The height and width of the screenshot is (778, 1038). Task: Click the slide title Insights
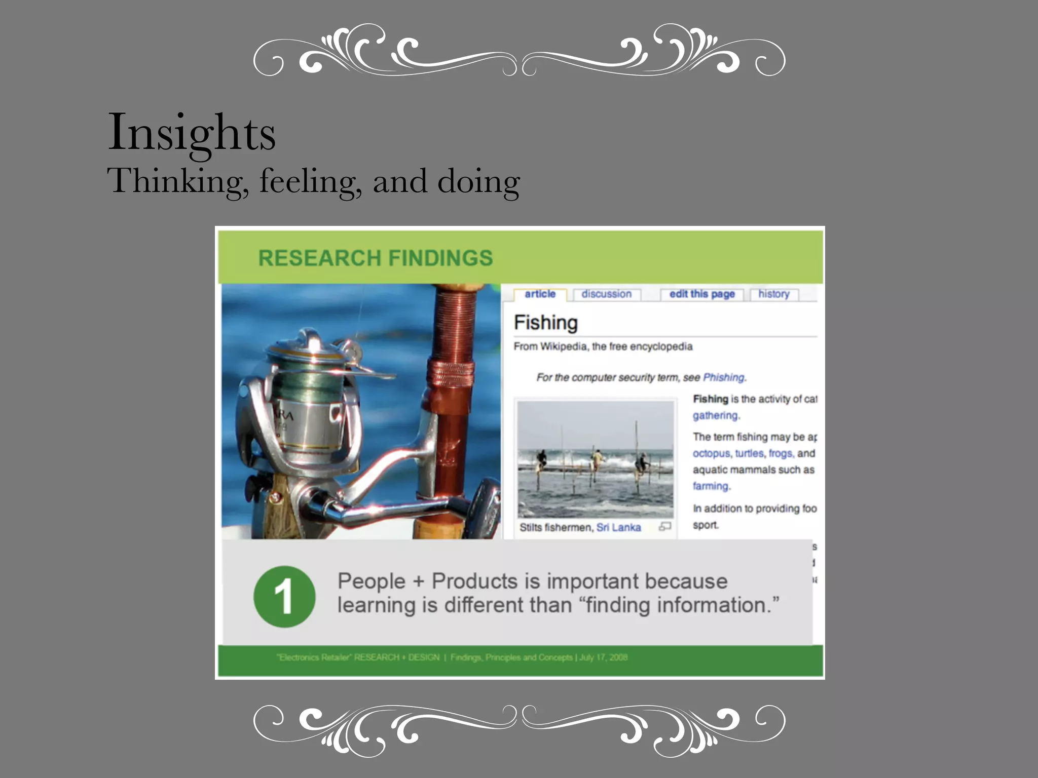(192, 133)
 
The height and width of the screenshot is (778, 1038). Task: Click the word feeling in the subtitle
(310, 181)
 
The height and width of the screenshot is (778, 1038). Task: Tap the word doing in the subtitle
(478, 181)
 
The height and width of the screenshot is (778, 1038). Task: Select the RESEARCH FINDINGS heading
(375, 258)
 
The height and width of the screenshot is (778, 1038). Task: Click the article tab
(540, 294)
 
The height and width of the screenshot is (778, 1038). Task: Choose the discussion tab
(606, 294)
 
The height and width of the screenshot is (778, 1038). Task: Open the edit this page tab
(701, 294)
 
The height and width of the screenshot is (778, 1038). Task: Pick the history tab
(773, 294)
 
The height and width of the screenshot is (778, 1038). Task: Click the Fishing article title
(545, 323)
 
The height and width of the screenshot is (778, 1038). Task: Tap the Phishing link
(724, 377)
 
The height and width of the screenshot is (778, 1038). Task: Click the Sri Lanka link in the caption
(618, 527)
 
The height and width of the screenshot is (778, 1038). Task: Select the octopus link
(711, 453)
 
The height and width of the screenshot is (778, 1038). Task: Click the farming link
(711, 486)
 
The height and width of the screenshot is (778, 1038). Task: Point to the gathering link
(715, 415)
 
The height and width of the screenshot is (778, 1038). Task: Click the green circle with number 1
(284, 597)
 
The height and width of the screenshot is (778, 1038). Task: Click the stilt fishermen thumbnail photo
(595, 459)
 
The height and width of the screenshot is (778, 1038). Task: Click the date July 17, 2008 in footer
(603, 657)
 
